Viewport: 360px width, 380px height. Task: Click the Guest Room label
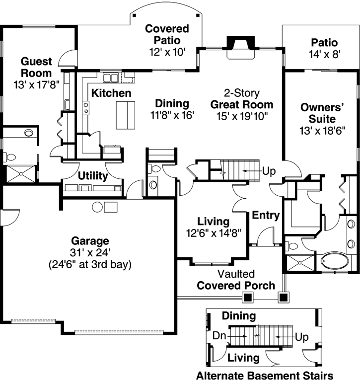click(x=36, y=68)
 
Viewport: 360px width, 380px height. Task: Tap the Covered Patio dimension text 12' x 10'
click(x=167, y=51)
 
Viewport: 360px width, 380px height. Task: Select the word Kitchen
click(x=111, y=93)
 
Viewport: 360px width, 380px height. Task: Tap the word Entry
click(x=266, y=216)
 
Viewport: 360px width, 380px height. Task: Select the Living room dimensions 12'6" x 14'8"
click(x=213, y=232)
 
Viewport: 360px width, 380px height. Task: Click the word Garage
click(x=89, y=241)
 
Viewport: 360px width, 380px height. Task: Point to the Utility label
click(x=93, y=176)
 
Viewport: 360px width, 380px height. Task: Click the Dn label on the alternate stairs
click(x=219, y=336)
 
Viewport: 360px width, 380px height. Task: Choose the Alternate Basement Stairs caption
click(x=265, y=375)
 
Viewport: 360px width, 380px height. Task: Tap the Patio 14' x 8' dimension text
click(x=324, y=55)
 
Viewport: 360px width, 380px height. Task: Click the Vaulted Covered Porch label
click(x=236, y=280)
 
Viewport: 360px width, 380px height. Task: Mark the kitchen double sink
click(x=111, y=78)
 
